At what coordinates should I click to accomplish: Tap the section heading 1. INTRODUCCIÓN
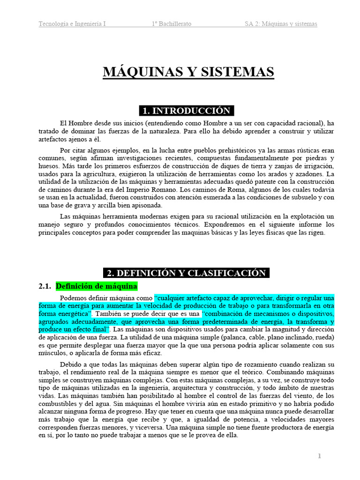pyautogui.click(x=187, y=111)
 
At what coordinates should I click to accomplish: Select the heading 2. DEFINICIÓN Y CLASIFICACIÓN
pyautogui.click(x=187, y=273)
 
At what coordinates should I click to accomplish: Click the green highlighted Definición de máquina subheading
pyautogui.click(x=96, y=286)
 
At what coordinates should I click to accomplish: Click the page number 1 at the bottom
pyautogui.click(x=319, y=456)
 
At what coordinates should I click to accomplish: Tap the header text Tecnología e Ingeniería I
pyautogui.click(x=72, y=24)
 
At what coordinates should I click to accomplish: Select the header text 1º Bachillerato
pyautogui.click(x=172, y=24)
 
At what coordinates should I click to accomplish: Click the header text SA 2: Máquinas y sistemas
pyautogui.click(x=281, y=24)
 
